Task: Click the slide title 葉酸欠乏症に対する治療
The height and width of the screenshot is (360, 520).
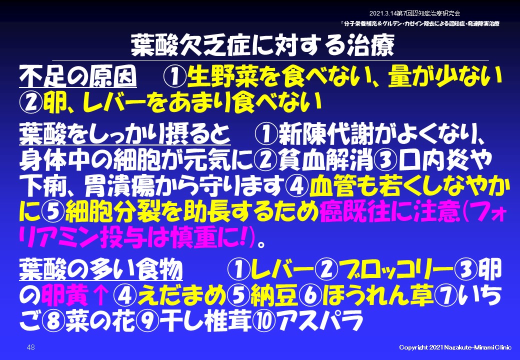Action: pos(262,45)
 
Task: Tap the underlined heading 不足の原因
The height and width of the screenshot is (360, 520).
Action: pos(78,77)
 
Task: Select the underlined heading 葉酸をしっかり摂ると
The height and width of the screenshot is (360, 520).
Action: pos(125,134)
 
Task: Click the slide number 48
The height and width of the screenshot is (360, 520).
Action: pos(31,347)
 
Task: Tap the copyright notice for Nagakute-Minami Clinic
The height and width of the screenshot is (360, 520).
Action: pos(455,347)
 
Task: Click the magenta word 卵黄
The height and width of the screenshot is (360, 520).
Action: pos(65,295)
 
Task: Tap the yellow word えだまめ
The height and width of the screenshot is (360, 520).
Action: pos(181,295)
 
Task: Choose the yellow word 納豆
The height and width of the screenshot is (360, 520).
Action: pos(274,295)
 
